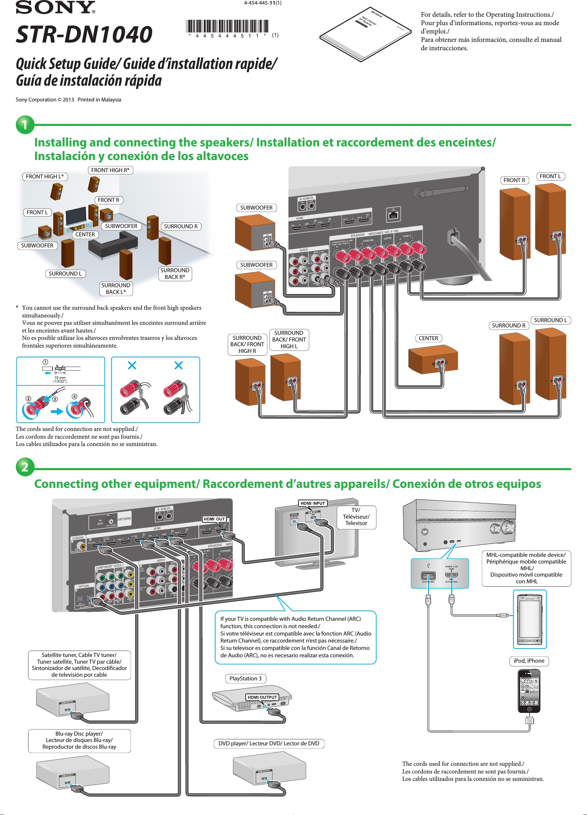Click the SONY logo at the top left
pyautogui.click(x=55, y=7)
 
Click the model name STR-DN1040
pyautogui.click(x=84, y=34)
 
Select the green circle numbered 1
pyautogui.click(x=25, y=125)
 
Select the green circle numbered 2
pyautogui.click(x=25, y=467)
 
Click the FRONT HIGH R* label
pyautogui.click(x=110, y=170)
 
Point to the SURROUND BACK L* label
pyautogui.click(x=116, y=289)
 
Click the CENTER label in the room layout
pyautogui.click(x=85, y=234)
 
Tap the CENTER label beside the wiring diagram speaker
pyautogui.click(x=428, y=338)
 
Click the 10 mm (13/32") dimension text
pyautogui.click(x=60, y=379)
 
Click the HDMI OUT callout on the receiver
pyautogui.click(x=214, y=519)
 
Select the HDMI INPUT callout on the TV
pyautogui.click(x=313, y=503)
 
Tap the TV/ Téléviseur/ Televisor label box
pyautogui.click(x=356, y=517)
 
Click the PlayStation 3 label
pyautogui.click(x=245, y=678)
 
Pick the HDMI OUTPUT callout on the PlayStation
pyautogui.click(x=262, y=697)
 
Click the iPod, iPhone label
pyautogui.click(x=529, y=661)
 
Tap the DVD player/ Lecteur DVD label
pyautogui.click(x=269, y=743)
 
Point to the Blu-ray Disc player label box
pyautogui.click(x=79, y=740)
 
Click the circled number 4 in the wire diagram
pyautogui.click(x=74, y=396)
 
